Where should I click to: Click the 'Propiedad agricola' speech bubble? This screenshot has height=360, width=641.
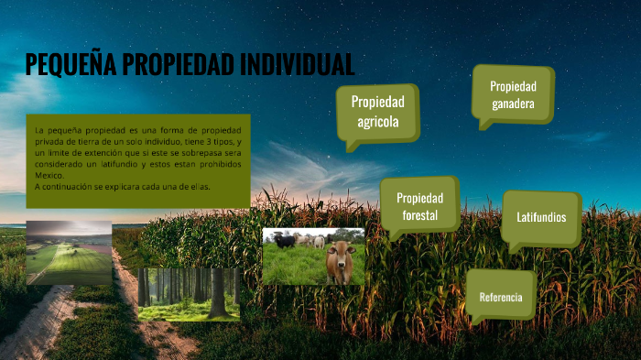(377, 112)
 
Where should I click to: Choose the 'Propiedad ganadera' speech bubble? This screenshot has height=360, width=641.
(512, 94)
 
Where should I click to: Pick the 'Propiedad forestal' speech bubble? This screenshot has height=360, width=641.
(419, 206)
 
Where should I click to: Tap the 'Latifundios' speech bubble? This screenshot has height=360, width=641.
(540, 218)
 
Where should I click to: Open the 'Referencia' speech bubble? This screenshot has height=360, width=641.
(500, 297)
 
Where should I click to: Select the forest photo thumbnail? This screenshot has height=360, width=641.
(189, 293)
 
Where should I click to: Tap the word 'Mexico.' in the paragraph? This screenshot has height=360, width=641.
(49, 175)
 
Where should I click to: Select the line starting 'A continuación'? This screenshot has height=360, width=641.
(123, 186)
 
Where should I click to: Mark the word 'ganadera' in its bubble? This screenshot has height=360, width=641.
(512, 104)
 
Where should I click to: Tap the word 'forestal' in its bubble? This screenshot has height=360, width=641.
(419, 216)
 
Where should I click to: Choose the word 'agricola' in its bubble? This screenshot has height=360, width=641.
(377, 122)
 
